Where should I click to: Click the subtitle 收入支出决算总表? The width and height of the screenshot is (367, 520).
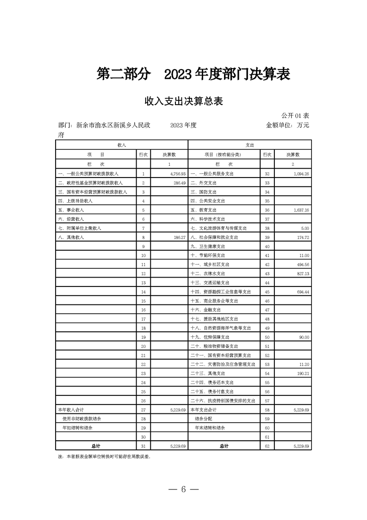pyautogui.click(x=184, y=101)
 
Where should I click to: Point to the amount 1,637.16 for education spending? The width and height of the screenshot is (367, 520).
pyautogui.click(x=300, y=210)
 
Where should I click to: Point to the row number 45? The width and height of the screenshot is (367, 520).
pyautogui.click(x=267, y=292)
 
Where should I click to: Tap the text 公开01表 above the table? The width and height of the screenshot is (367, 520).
pyautogui.click(x=295, y=115)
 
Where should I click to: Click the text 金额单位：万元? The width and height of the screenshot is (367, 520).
pyautogui.click(x=287, y=125)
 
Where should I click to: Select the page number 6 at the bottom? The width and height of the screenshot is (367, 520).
pyautogui.click(x=183, y=490)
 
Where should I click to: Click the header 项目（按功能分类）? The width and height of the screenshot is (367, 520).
pyautogui.click(x=223, y=155)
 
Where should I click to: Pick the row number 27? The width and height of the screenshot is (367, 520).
pyautogui.click(x=143, y=410)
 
